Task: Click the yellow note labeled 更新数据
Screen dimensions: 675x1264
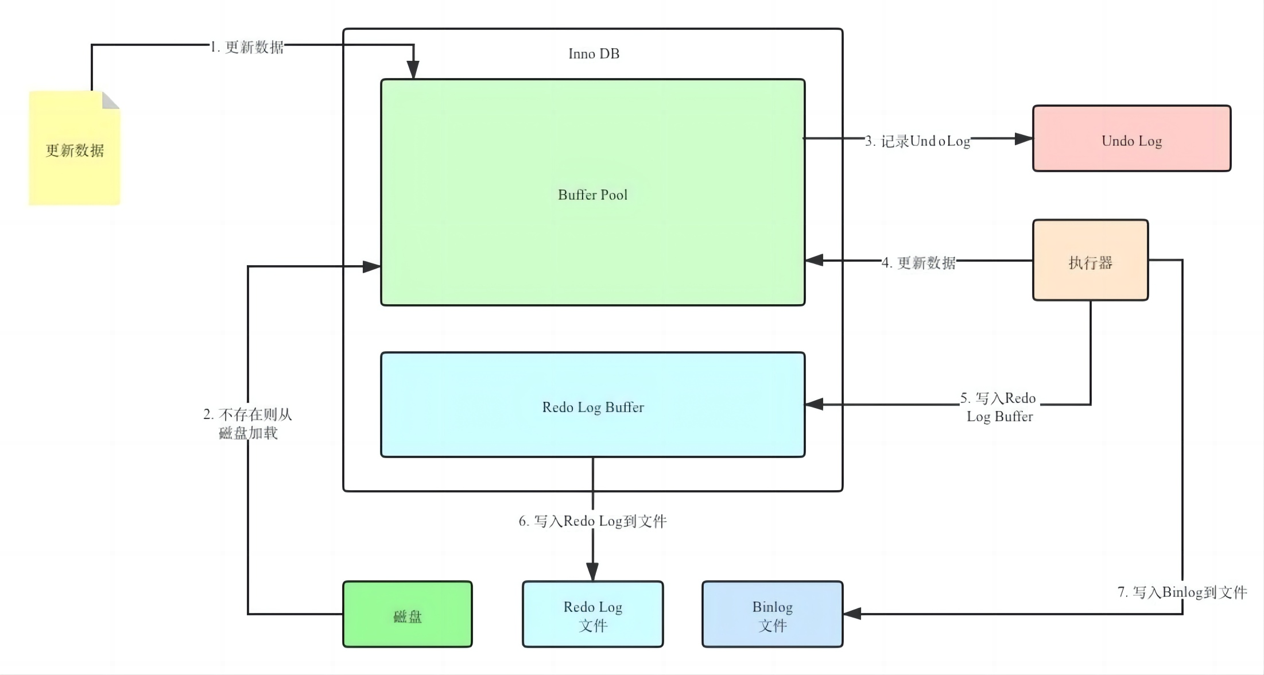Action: (75, 150)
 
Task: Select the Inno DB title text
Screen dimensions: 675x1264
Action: (594, 54)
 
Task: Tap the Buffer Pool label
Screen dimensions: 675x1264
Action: (592, 195)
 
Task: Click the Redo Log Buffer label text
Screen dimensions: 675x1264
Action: (592, 408)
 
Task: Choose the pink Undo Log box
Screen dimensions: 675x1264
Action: (1131, 138)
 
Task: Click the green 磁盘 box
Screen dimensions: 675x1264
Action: (407, 615)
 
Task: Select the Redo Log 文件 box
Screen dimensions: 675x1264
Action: (592, 615)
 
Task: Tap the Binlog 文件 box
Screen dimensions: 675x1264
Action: (772, 615)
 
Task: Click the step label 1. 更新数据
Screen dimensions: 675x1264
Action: (247, 47)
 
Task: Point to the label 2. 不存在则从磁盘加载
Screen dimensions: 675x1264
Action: (248, 424)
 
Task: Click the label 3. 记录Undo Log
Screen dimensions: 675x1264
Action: (917, 141)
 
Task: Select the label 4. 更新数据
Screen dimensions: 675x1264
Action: (918, 263)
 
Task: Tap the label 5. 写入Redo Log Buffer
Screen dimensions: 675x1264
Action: (999, 407)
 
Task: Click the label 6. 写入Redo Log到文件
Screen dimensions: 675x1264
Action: (592, 521)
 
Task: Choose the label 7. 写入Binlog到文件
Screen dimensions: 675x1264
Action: (1182, 592)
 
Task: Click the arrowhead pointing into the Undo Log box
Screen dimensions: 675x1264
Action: (1024, 139)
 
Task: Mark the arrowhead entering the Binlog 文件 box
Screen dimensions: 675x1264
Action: (852, 614)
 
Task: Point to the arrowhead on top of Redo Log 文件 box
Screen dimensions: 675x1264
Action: (592, 572)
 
